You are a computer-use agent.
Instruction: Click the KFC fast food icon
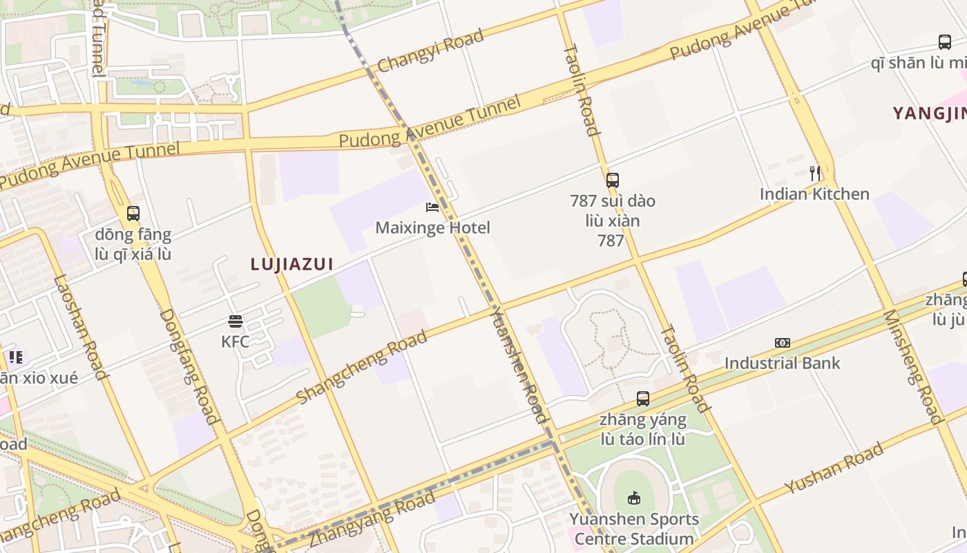pyautogui.click(x=236, y=321)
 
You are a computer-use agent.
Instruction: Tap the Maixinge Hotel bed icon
pyautogui.click(x=432, y=207)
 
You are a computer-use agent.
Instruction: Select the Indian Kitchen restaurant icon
pyautogui.click(x=815, y=173)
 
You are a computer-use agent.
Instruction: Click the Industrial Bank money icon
pyautogui.click(x=782, y=343)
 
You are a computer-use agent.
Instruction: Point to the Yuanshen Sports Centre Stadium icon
pyautogui.click(x=633, y=498)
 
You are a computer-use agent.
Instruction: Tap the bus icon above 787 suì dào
pyautogui.click(x=612, y=180)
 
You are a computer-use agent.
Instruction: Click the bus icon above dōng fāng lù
pyautogui.click(x=133, y=214)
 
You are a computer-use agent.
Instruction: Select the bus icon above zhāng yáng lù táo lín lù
pyautogui.click(x=643, y=399)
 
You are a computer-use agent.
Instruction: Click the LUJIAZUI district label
pyautogui.click(x=292, y=264)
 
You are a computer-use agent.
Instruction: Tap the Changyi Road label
pyautogui.click(x=430, y=51)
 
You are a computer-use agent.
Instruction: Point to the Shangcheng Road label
pyautogui.click(x=361, y=367)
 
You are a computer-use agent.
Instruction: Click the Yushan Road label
pyautogui.click(x=834, y=469)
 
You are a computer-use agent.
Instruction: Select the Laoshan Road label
pyautogui.click(x=81, y=328)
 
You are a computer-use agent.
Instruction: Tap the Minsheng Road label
pyautogui.click(x=912, y=366)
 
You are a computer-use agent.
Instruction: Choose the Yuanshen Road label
pyautogui.click(x=519, y=365)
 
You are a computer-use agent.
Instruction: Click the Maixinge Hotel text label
pyautogui.click(x=432, y=227)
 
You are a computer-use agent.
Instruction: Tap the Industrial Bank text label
pyautogui.click(x=782, y=363)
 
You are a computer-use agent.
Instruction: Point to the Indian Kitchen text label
pyautogui.click(x=814, y=194)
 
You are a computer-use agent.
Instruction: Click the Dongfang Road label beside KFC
pyautogui.click(x=189, y=366)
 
